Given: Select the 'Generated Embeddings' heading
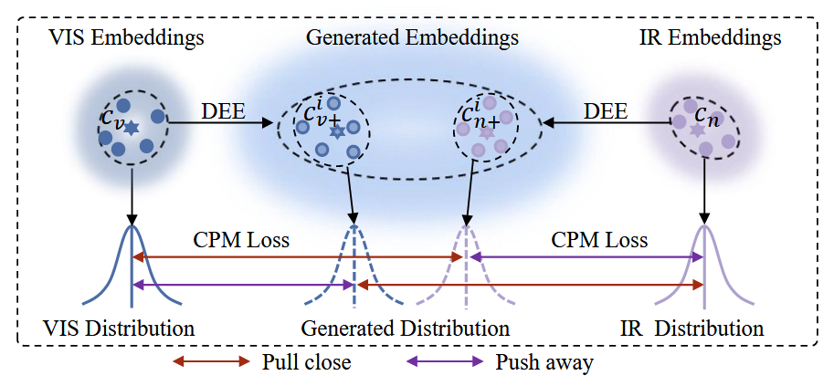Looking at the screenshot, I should click(412, 38).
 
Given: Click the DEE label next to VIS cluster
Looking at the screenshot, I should click(223, 111).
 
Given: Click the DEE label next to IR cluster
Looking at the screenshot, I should click(606, 111).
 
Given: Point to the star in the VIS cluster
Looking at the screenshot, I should click(132, 129).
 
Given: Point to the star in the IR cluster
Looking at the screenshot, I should click(699, 130).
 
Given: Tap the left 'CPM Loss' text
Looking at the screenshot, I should click(241, 241).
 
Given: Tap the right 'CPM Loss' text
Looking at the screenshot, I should click(599, 241).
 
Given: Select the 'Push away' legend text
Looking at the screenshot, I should click(544, 362).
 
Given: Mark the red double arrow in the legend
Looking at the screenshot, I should click(211, 362).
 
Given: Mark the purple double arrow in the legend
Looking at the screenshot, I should click(446, 362).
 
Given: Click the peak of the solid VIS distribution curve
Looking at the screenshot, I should click(132, 227).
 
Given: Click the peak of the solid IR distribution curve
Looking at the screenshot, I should click(703, 227).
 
